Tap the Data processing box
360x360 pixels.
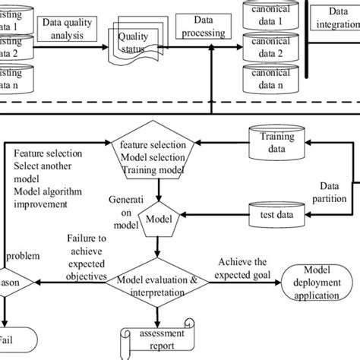(203, 28)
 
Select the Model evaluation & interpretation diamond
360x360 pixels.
(157, 286)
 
